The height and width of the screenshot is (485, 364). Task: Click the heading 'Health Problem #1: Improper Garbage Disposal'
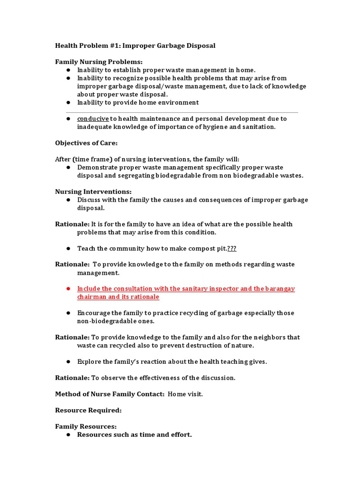click(135, 46)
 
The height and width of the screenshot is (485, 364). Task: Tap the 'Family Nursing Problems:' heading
click(99, 62)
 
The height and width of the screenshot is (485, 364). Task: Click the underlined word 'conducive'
click(93, 119)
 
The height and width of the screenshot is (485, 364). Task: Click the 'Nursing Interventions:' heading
click(93, 192)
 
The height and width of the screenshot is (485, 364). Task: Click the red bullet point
click(68, 289)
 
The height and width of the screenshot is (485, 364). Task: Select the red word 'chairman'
click(92, 297)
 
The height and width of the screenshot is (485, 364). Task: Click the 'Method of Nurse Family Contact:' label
click(110, 395)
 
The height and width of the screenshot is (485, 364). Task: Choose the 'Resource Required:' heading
click(88, 410)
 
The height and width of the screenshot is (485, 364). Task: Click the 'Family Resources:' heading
click(86, 426)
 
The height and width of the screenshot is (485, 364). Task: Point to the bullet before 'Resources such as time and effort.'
click(68, 435)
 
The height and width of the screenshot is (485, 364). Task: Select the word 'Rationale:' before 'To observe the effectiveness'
click(72, 378)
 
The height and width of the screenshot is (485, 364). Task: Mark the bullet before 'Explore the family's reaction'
click(68, 362)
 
